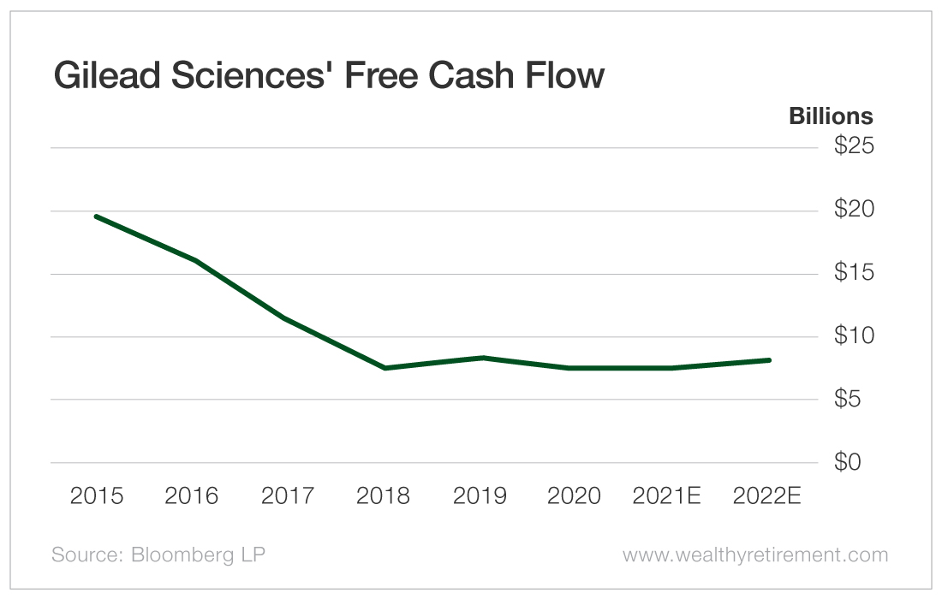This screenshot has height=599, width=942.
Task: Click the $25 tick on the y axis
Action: (x=853, y=146)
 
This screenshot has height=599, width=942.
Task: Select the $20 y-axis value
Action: (x=853, y=210)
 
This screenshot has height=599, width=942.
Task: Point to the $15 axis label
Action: (x=853, y=273)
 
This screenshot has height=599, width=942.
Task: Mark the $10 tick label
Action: (x=853, y=336)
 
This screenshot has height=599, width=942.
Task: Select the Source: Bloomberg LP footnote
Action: (x=158, y=555)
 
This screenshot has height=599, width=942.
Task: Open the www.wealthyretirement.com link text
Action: (x=755, y=555)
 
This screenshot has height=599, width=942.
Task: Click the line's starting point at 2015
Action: (x=96, y=216)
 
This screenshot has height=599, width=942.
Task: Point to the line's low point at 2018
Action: (x=384, y=368)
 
